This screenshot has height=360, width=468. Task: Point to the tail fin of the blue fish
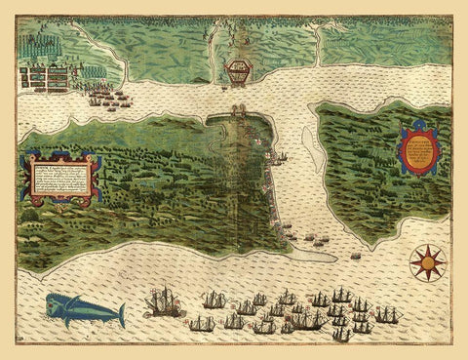coord(121,314)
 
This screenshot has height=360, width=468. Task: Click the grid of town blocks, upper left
coord(46,76)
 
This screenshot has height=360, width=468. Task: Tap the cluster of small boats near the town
coord(110,98)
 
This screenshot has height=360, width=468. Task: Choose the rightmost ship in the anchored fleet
coord(387,314)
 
